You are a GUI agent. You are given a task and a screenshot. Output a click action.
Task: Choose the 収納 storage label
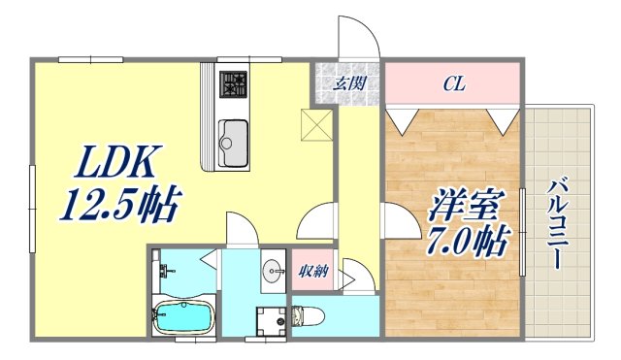pyautogui.click(x=311, y=272)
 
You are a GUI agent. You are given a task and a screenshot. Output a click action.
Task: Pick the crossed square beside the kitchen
pyautogui.click(x=316, y=124)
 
